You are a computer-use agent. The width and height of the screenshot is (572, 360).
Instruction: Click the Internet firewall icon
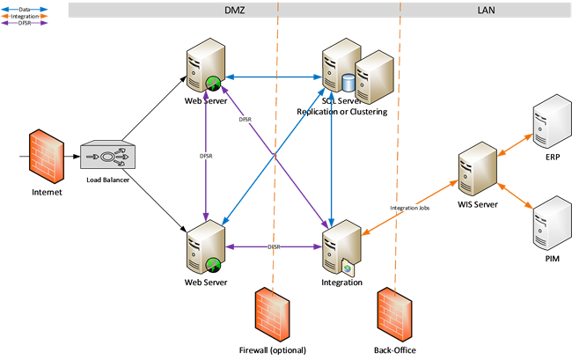42,156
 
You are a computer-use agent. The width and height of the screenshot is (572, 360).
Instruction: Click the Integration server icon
341,249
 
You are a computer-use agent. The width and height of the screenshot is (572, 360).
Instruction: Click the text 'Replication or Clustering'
342,113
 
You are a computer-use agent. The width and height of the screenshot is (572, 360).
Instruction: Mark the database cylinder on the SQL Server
348,83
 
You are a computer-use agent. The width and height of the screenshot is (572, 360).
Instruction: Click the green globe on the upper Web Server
212,84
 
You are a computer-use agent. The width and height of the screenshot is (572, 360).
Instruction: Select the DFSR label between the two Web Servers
205,156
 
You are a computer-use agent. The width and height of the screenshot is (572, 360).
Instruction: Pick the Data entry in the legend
22,8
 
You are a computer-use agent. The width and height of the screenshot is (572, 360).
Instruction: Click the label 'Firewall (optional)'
273,350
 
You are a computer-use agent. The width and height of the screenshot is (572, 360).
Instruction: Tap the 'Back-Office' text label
394,350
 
